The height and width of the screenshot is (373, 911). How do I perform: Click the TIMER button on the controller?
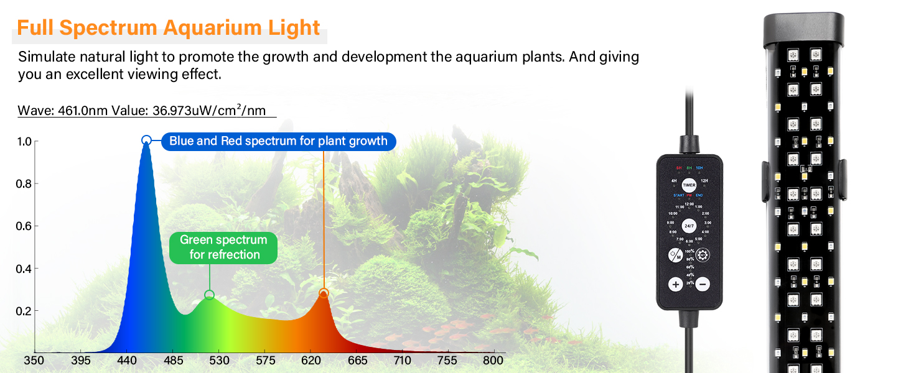pos(689,185)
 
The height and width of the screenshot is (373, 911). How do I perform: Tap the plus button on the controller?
pos(676,284)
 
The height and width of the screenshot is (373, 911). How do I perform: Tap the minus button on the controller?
pos(703,284)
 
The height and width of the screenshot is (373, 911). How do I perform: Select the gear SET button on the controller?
pos(703,254)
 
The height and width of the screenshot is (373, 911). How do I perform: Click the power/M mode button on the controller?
pos(675,255)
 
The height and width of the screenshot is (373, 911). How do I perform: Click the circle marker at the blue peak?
pos(146,140)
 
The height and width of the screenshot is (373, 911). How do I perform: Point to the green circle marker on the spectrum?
pos(210,295)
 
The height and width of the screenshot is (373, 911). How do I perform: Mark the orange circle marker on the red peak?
pos(324,293)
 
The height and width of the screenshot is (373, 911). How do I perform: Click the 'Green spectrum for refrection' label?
pos(223,247)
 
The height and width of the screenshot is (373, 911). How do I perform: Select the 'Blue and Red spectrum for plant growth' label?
pos(278,141)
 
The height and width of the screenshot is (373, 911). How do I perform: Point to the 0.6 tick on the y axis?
pos(24,226)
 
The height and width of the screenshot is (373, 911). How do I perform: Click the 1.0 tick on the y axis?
pos(24,142)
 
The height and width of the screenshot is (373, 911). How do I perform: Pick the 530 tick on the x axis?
pos(219,361)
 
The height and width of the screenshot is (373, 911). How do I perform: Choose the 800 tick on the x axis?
pos(493,361)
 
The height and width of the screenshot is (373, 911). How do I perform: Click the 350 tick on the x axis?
pos(34,361)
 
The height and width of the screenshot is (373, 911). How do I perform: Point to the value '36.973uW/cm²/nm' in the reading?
pos(209,111)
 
